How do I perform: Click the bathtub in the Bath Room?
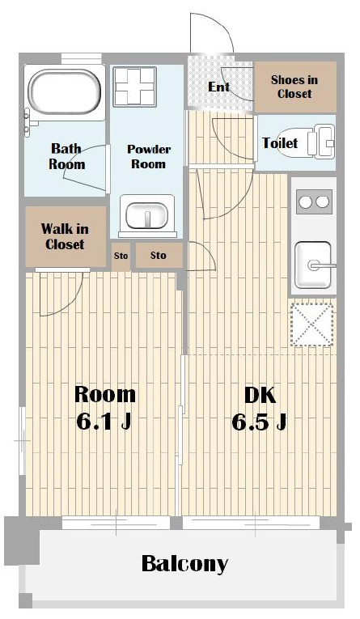tap(66, 92)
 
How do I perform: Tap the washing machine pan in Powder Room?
tap(134, 87)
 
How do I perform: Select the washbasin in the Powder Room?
tap(147, 215)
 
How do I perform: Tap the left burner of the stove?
tap(305, 201)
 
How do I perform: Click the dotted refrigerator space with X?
tap(312, 324)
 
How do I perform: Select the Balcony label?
tap(184, 564)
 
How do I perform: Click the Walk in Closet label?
tap(65, 236)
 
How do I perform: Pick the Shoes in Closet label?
tap(294, 87)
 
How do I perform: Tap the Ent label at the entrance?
tap(218, 87)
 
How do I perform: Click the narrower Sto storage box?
tap(121, 257)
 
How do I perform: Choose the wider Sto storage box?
tap(159, 256)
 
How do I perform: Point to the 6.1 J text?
tap(104, 422)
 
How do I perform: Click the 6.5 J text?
tap(259, 422)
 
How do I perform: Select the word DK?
tap(260, 395)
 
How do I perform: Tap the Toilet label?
tap(280, 142)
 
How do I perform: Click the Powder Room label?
tap(148, 156)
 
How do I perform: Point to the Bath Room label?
tap(66, 156)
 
